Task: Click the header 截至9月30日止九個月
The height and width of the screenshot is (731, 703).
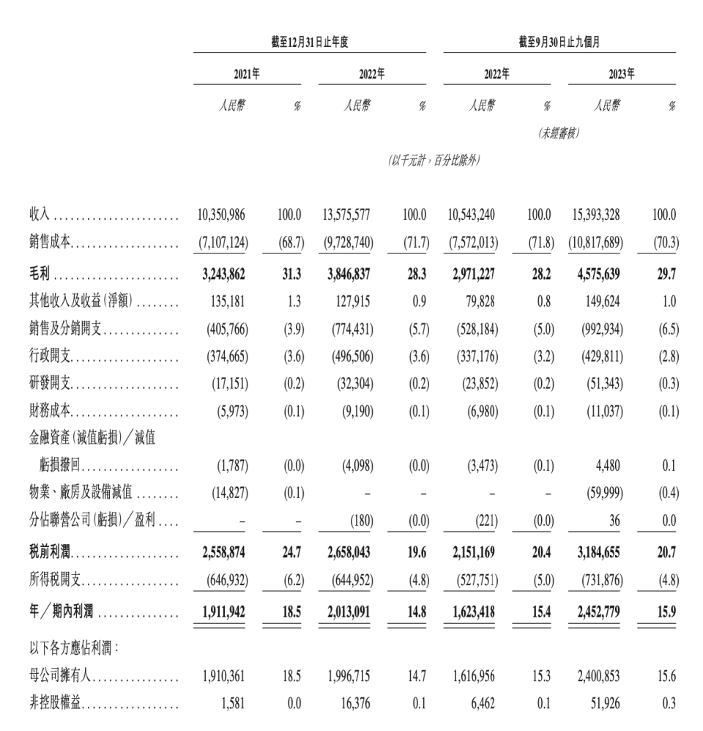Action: (x=559, y=42)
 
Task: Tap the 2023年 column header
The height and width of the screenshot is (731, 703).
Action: (x=621, y=74)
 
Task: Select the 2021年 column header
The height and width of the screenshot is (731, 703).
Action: (x=247, y=74)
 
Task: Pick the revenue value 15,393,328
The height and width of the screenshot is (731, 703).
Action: (x=595, y=215)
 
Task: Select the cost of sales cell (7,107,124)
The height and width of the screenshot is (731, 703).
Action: (x=222, y=242)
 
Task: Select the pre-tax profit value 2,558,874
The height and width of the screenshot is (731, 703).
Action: (x=223, y=552)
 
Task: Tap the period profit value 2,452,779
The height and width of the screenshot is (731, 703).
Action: (x=595, y=606)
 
